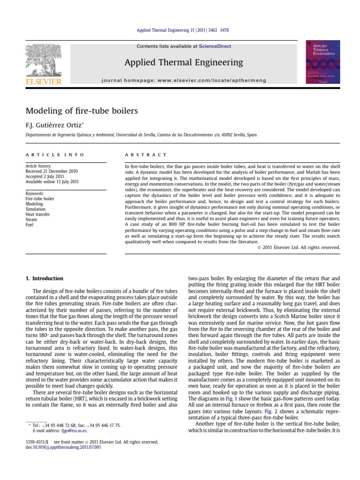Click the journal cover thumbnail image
(x=322, y=62)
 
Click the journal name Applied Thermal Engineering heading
(x=183, y=62)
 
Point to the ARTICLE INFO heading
(x=55, y=154)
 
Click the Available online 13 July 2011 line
(x=52, y=181)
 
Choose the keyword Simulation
(x=36, y=209)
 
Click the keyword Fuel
(x=30, y=225)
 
